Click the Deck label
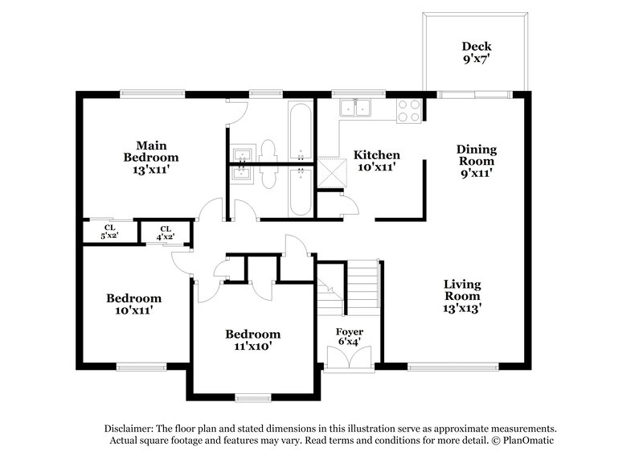pos(476,46)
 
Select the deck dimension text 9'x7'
pos(476,60)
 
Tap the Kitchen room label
pos(377,154)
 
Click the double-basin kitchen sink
pos(354,108)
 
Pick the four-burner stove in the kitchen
pos(410,109)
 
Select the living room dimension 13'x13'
pos(462,307)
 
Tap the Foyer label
pos(349,332)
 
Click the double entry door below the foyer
pos(349,359)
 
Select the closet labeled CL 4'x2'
pos(166,232)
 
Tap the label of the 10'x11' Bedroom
pos(133,298)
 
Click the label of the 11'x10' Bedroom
pos(252,335)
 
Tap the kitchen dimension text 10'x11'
pos(377,167)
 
